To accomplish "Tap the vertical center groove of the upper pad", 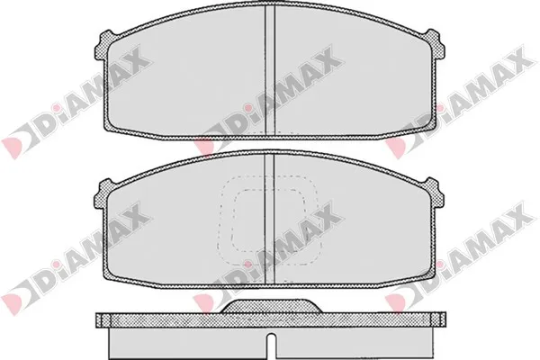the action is tap(270, 69).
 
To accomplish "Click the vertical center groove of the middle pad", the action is tap(269, 218).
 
